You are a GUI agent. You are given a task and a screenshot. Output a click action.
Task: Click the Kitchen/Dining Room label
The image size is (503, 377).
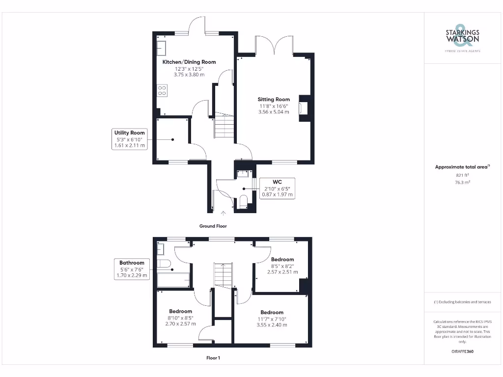click(x=189, y=62)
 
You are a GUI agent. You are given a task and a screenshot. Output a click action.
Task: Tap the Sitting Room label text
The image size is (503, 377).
click(x=274, y=99)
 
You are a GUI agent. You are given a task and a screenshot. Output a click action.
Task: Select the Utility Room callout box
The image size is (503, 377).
click(x=130, y=139)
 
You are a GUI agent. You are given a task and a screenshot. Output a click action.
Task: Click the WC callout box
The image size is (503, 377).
click(x=277, y=188)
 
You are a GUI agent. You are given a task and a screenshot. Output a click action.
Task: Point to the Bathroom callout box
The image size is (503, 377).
click(x=132, y=269)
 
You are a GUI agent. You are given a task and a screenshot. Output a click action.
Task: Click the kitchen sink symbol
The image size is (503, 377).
click(x=161, y=48)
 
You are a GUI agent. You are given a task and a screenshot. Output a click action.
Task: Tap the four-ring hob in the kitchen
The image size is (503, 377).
click(x=162, y=91)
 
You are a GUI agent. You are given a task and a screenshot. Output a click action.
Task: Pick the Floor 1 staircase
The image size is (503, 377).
click(x=222, y=275)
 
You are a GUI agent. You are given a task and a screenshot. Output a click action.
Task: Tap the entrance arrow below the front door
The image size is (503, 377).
click(x=224, y=213)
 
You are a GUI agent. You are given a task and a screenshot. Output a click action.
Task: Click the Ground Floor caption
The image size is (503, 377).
click(x=213, y=226)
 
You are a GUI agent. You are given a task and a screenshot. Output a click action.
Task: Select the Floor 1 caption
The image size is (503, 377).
click(x=213, y=358)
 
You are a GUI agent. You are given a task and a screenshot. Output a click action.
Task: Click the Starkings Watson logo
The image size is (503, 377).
click(x=462, y=37)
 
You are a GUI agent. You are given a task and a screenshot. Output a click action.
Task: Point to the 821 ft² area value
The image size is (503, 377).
click(x=462, y=175)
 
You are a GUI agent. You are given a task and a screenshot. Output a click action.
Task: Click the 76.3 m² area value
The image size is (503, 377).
click(x=462, y=182)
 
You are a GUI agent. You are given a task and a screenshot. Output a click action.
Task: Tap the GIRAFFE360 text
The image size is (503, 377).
click(x=462, y=351)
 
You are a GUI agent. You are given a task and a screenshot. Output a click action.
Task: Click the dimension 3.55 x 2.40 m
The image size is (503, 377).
click(x=272, y=324)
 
